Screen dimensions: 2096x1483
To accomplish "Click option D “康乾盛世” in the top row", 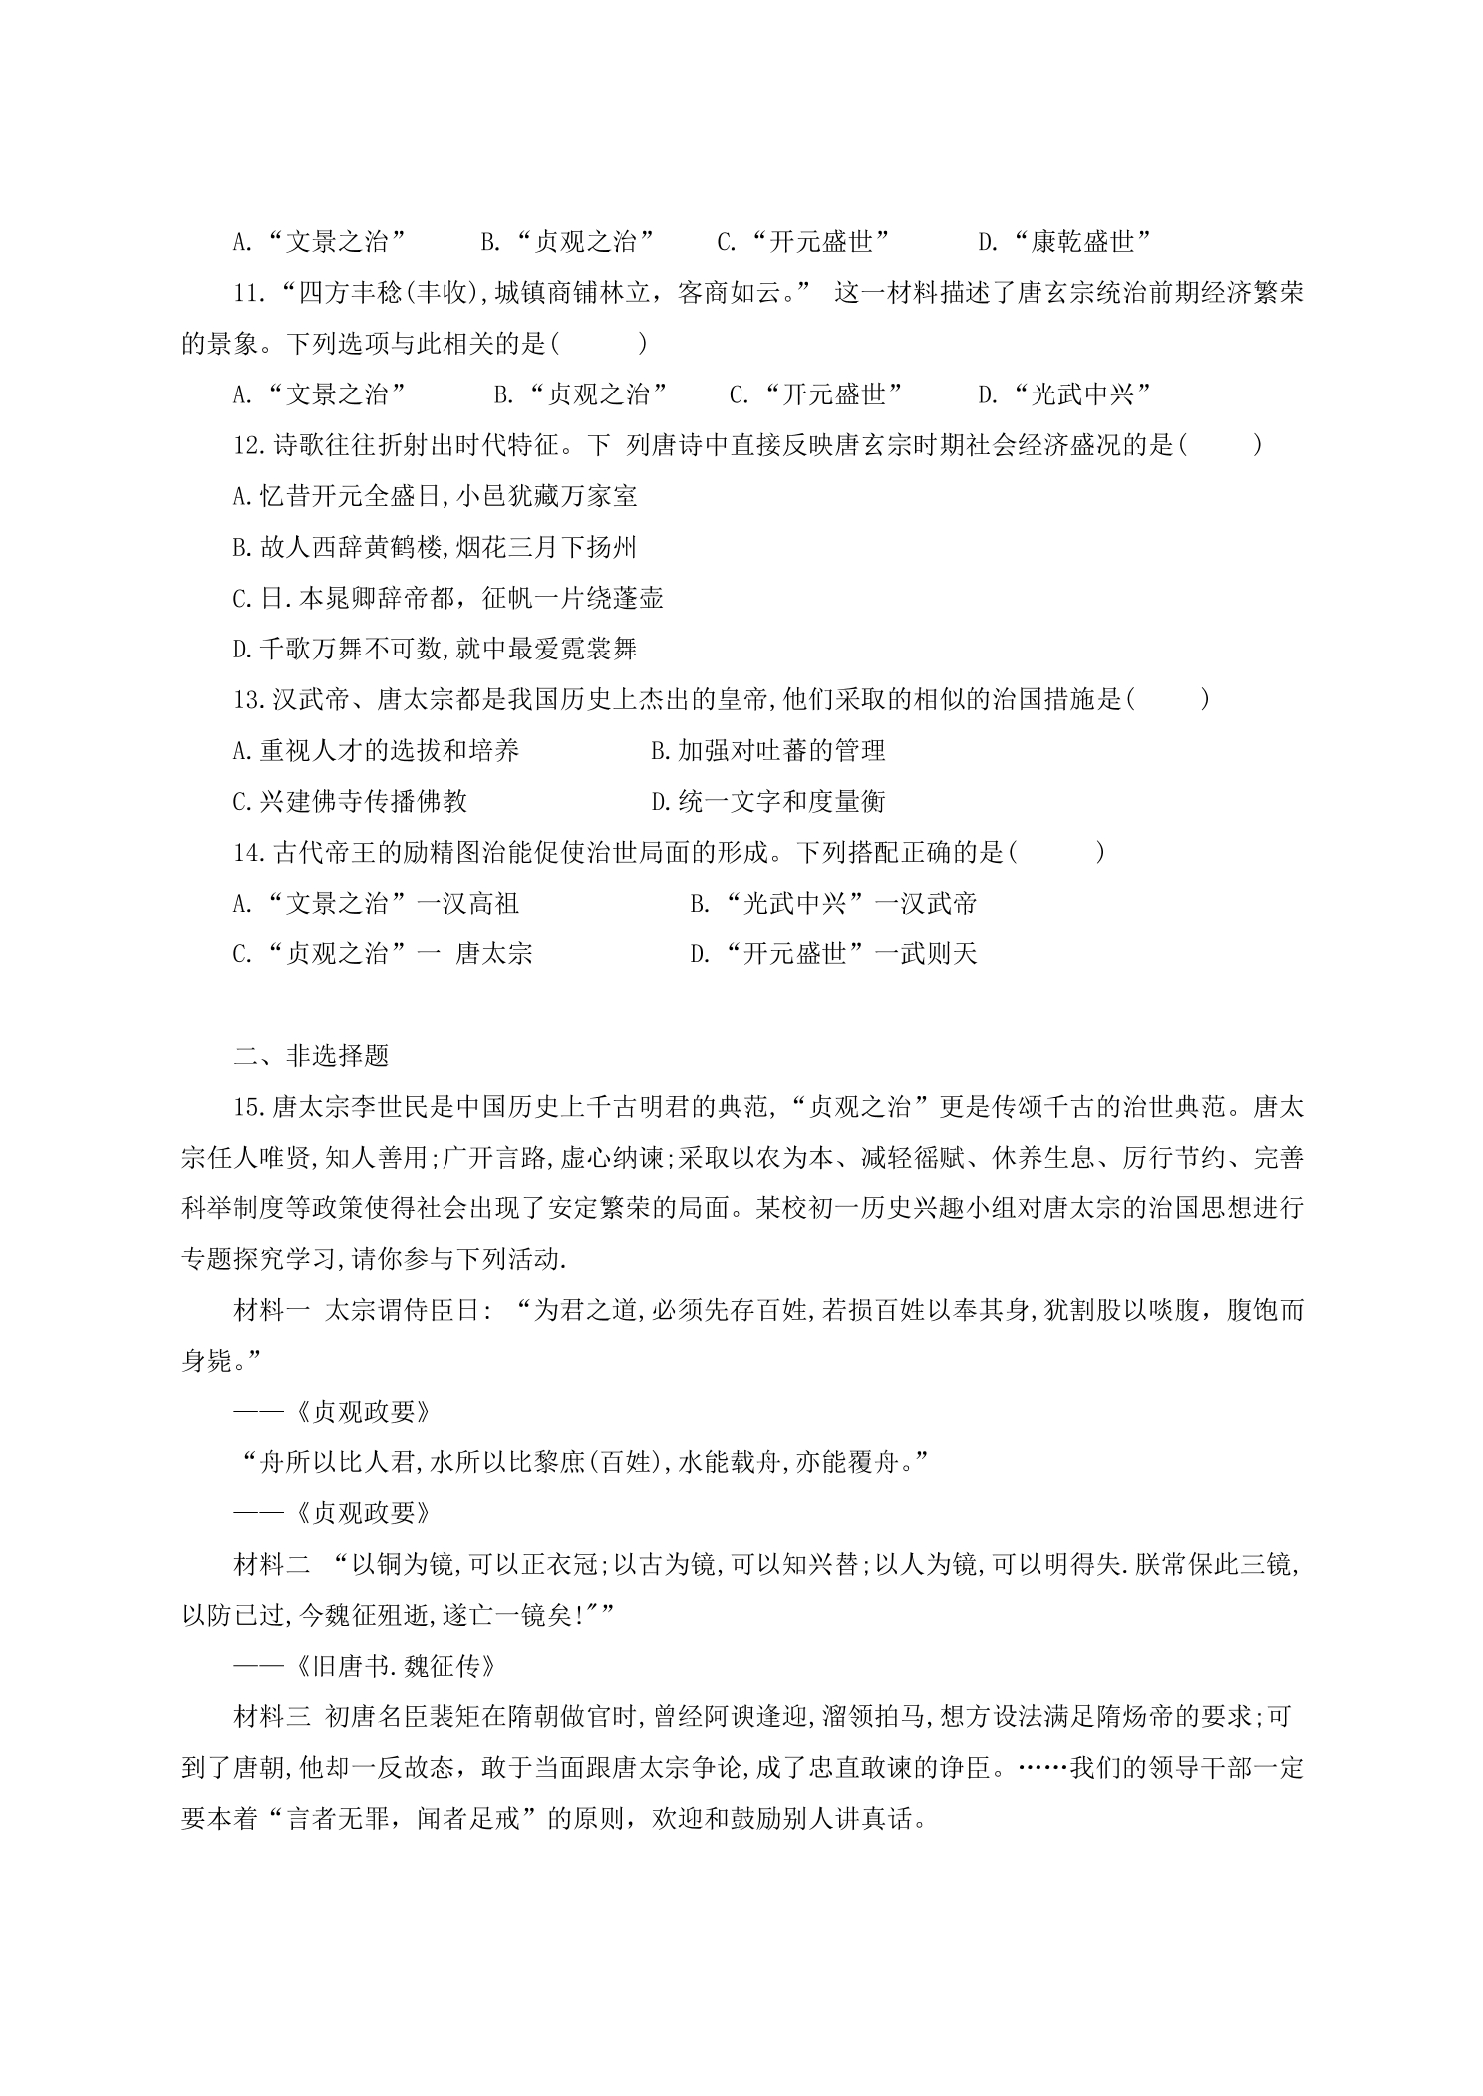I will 1063,241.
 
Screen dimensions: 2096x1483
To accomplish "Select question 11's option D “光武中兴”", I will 1063,394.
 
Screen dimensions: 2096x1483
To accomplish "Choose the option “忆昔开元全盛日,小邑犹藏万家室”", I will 435,496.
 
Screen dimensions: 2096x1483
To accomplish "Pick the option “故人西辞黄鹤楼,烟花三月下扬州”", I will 435,547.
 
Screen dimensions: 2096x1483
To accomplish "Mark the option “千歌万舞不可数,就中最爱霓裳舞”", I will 435,650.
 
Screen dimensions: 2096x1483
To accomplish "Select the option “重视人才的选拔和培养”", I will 376,750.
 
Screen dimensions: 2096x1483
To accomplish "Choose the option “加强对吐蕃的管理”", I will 767,750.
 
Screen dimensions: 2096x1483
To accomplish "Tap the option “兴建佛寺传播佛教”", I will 350,801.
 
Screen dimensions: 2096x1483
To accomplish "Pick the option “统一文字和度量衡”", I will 767,801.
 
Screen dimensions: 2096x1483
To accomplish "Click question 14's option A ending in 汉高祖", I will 376,904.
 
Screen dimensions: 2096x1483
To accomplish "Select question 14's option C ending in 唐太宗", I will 383,954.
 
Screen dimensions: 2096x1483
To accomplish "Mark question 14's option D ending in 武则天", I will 833,954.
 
